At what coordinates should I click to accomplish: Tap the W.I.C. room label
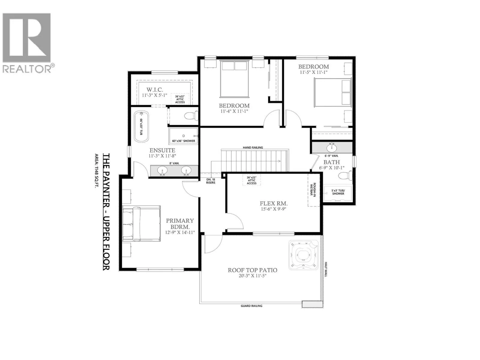(154, 90)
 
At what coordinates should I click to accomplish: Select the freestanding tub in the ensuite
(141, 127)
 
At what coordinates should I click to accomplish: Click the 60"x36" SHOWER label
(184, 141)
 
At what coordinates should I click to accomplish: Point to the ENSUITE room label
(162, 150)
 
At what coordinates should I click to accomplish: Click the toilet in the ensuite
(191, 115)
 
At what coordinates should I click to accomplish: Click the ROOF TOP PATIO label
(252, 270)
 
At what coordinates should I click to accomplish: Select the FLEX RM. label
(274, 203)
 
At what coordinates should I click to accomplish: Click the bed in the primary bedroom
(141, 223)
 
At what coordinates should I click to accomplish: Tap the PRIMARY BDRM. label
(180, 223)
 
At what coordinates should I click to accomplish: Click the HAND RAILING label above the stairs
(253, 147)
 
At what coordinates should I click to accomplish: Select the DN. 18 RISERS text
(211, 181)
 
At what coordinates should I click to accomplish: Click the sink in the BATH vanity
(332, 148)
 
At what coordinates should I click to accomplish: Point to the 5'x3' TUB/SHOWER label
(338, 192)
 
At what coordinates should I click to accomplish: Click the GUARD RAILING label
(251, 306)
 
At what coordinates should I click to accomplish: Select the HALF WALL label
(325, 269)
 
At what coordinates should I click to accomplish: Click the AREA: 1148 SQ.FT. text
(97, 178)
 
